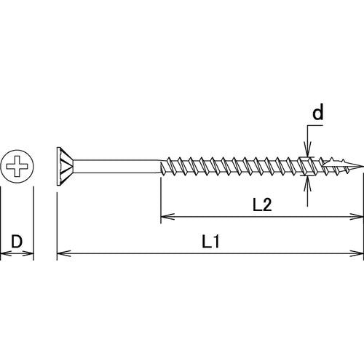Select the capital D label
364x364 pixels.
16,242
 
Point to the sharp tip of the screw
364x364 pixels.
362,167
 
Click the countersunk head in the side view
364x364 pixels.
65,167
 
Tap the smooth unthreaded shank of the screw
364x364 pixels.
116,167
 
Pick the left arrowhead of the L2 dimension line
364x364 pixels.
164,216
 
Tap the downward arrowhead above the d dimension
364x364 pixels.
308,151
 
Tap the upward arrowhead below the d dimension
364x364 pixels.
308,182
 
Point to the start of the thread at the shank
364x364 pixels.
162,167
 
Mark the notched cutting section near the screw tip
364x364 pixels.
309,167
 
